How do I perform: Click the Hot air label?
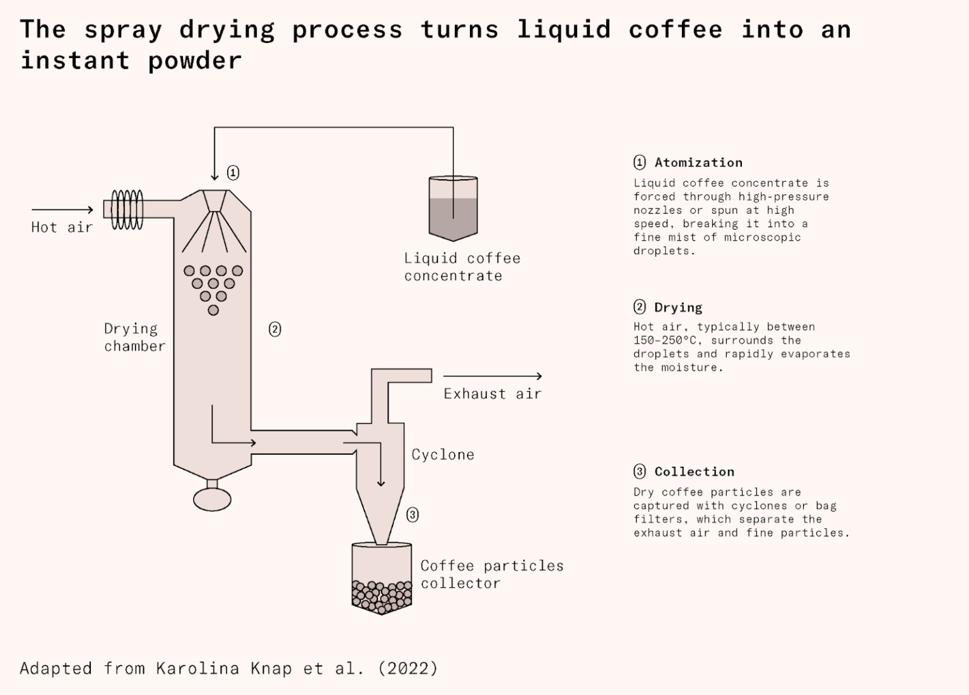62,227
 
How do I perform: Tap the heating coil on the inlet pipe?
127,209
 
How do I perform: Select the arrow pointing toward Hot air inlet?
62,209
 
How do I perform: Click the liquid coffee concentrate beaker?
453,208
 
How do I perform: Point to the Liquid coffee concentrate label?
462,267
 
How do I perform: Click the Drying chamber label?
134,337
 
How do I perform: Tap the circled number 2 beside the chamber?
275,329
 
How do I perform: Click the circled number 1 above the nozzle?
233,173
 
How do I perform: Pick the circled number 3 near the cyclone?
413,515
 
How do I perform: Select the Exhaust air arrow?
492,377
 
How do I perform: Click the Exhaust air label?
492,394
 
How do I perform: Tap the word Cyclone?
443,455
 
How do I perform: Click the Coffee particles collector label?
491,575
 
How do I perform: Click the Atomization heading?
698,163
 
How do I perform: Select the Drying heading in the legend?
678,308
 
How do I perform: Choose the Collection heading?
694,472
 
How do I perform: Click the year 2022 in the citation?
408,669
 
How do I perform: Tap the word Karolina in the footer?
197,669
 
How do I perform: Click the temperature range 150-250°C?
667,341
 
